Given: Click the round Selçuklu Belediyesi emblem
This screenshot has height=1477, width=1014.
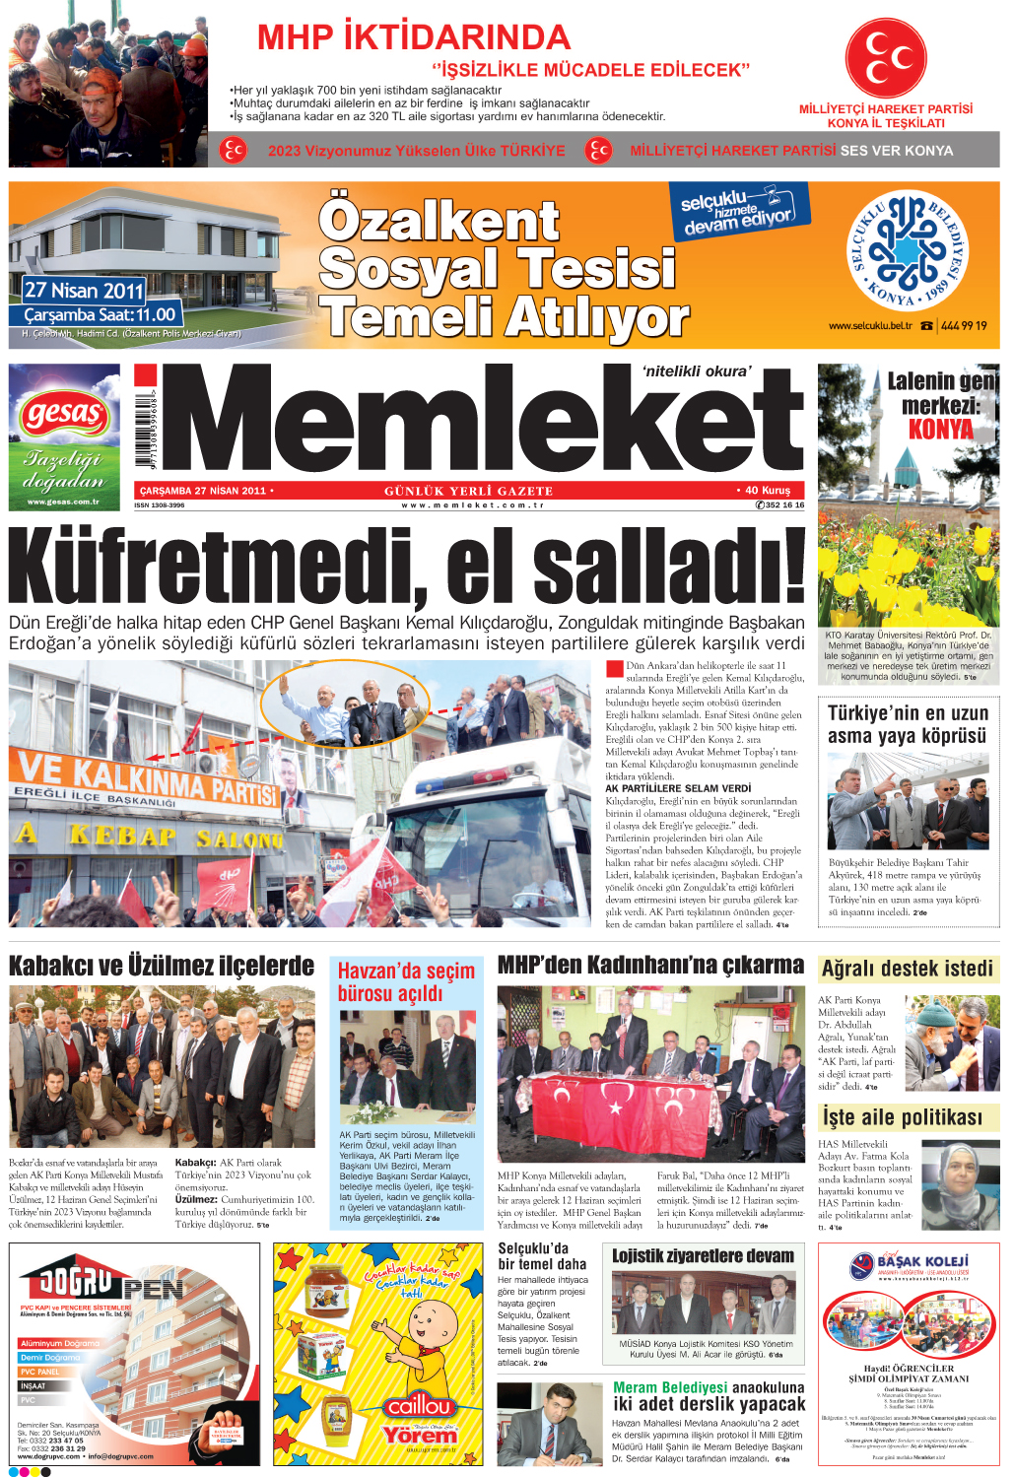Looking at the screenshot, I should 908,251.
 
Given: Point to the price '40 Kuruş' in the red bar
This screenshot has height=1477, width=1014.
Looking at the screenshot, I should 769,491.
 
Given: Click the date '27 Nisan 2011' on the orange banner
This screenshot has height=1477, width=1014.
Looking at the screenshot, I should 85,291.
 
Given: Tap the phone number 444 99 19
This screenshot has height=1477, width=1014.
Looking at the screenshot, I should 963,326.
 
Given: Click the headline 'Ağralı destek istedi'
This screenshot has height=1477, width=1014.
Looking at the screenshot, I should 907,969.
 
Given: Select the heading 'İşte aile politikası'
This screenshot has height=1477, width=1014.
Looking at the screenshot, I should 903,1117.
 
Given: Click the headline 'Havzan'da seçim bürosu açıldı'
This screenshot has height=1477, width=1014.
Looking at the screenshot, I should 406,981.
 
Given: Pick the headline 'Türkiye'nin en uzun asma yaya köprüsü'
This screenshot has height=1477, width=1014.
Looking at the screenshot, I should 908,724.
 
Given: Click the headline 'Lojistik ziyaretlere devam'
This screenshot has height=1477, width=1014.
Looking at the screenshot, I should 703,1256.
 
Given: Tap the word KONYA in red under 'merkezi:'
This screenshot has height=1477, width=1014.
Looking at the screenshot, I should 940,430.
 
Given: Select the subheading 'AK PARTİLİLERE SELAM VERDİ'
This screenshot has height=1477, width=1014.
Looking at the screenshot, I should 678,788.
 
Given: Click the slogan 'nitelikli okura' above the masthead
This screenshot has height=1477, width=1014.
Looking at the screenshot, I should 696,371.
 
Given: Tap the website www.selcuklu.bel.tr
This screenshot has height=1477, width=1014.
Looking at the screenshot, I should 870,326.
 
